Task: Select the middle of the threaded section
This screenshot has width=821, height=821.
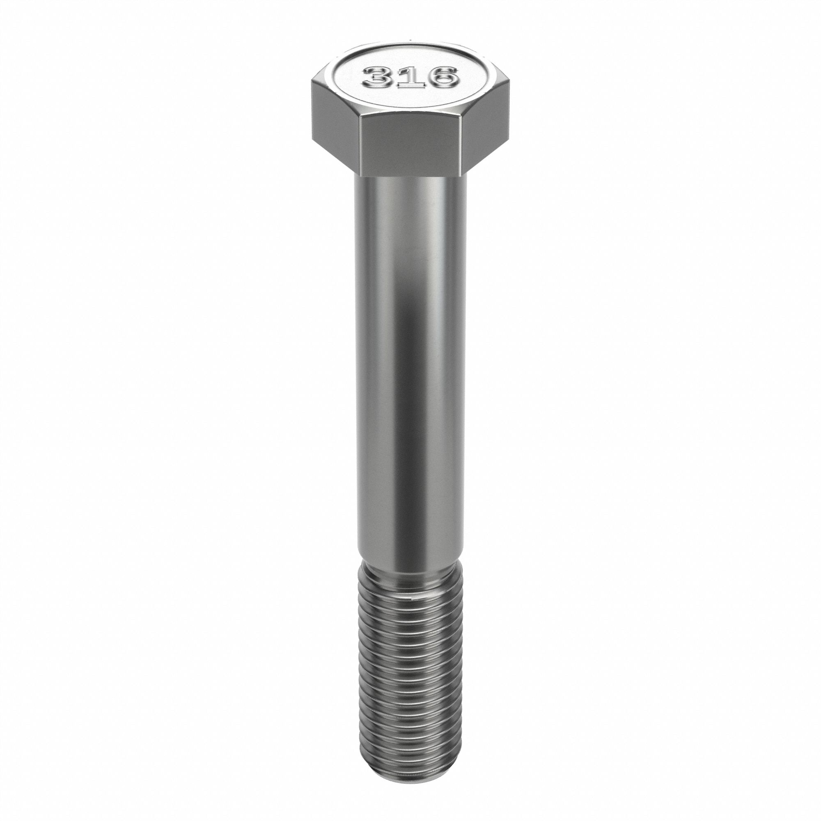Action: tap(410, 680)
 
